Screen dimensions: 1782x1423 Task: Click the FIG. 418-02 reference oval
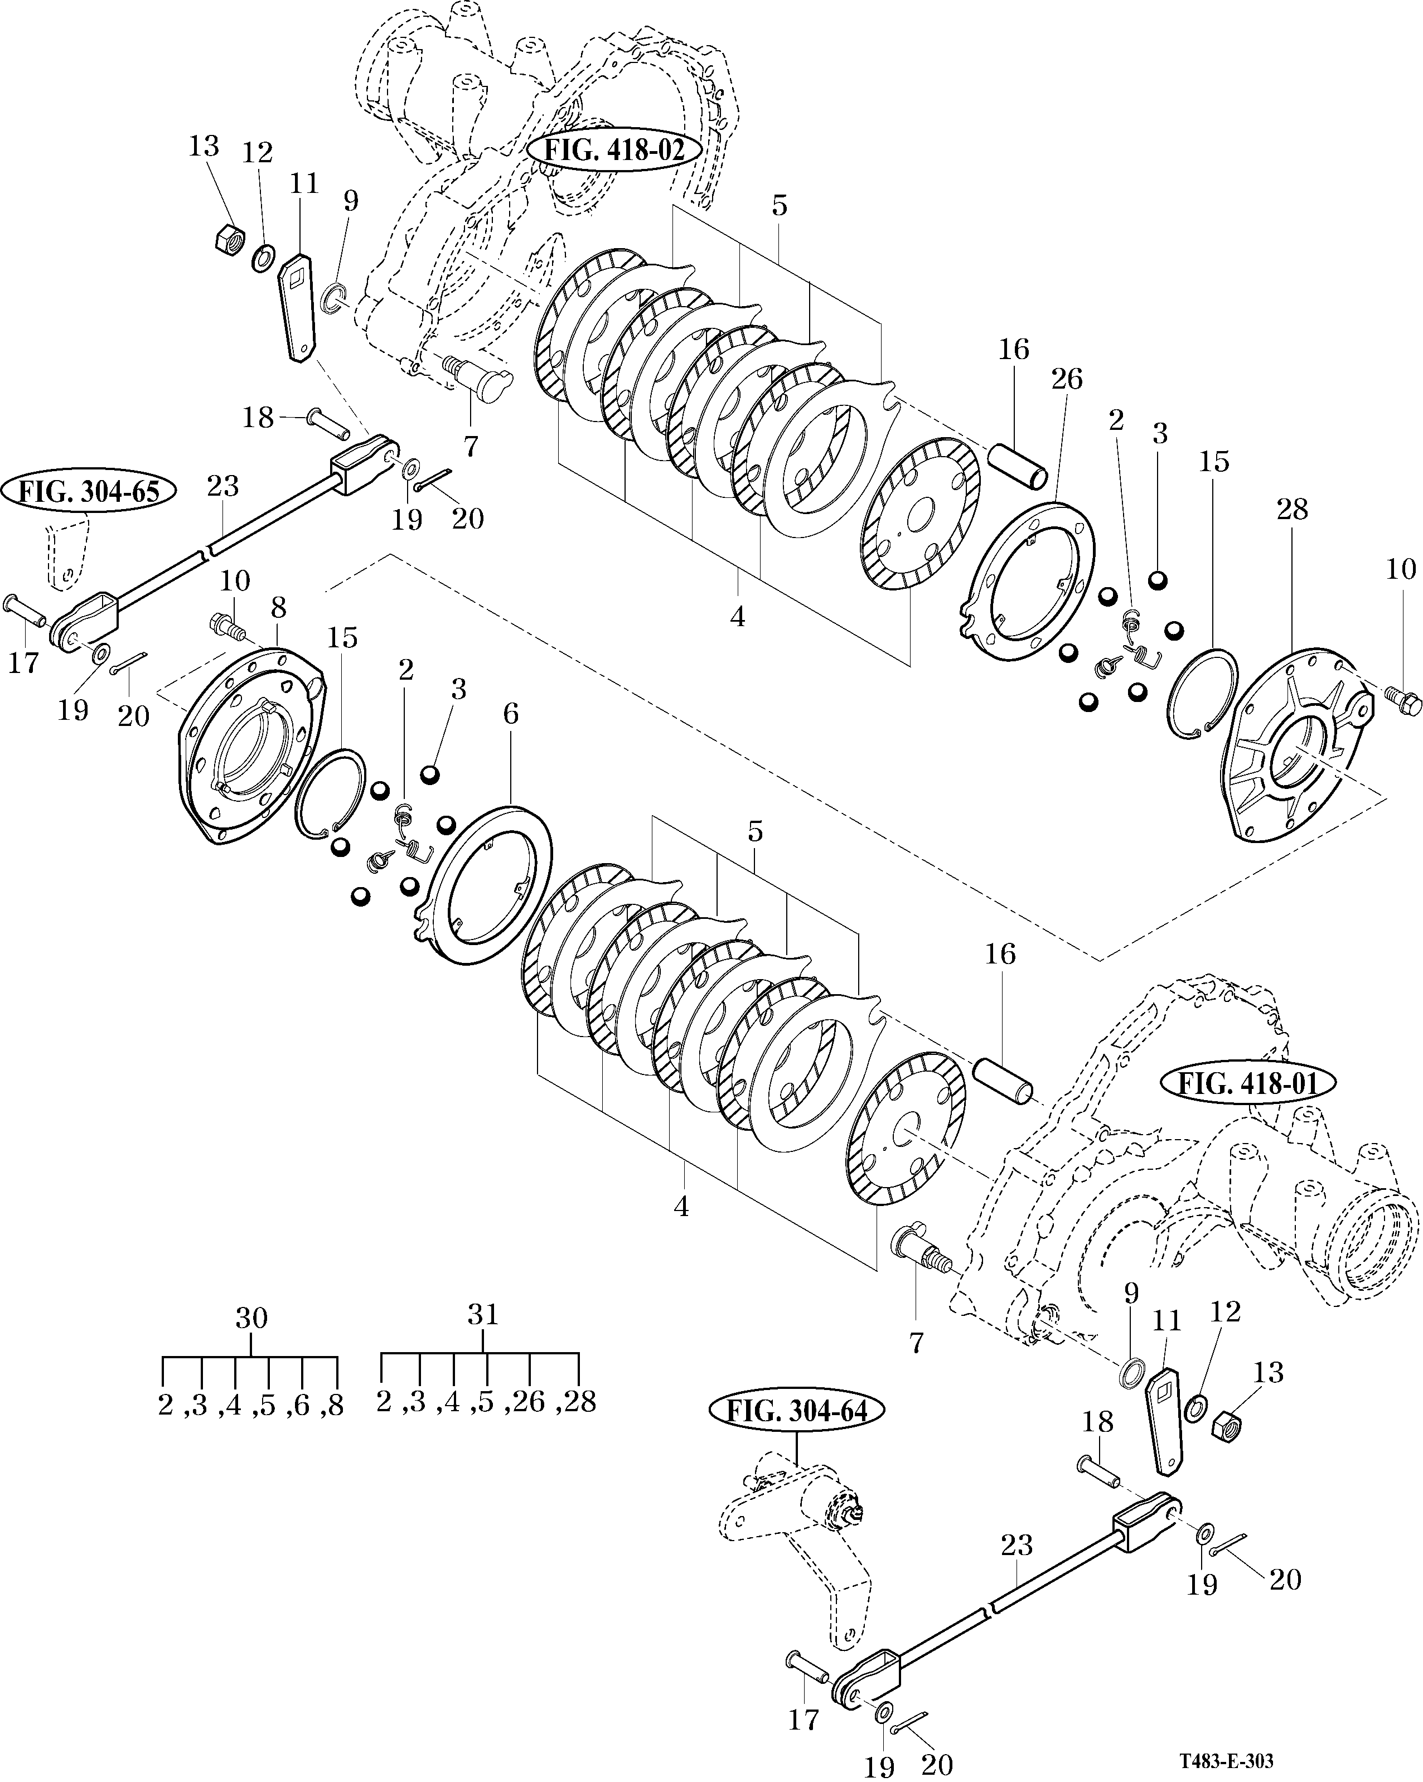click(615, 152)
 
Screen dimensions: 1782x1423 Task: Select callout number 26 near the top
click(1066, 379)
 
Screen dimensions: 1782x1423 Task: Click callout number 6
click(511, 714)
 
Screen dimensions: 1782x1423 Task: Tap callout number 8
click(278, 608)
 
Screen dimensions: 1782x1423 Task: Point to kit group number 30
click(251, 1318)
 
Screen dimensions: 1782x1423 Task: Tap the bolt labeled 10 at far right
click(1404, 704)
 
